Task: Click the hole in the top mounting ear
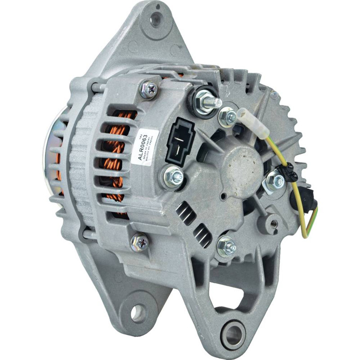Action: pos(156,19)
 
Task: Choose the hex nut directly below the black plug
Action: pos(174,177)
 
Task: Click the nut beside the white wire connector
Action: pos(228,117)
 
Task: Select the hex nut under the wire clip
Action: pos(274,181)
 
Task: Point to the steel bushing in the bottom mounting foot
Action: pos(233,334)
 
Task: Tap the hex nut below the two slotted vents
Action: pos(226,247)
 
